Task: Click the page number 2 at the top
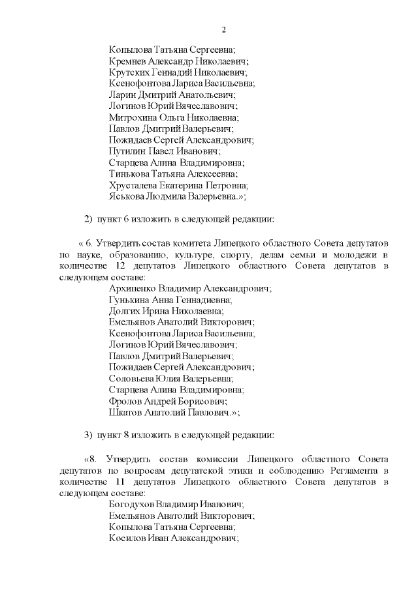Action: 223,29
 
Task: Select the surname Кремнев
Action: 129,61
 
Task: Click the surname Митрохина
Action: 133,117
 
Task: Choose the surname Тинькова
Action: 130,174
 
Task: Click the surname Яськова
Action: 128,196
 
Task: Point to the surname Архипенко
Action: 135,288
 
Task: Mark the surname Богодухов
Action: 135,504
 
